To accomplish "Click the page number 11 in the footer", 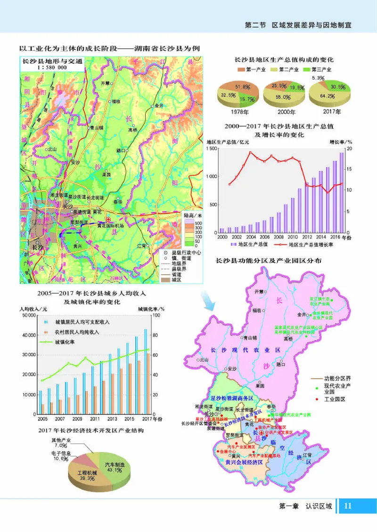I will [x=348, y=506].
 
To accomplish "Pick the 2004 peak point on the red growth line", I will [x=251, y=152].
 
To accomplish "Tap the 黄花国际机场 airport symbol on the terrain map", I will [x=109, y=220].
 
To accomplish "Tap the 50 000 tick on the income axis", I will [x=29, y=315].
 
